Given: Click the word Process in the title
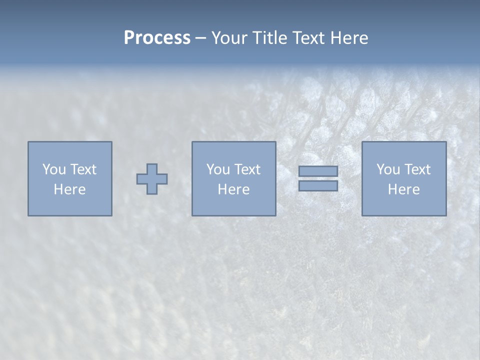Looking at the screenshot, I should (157, 38).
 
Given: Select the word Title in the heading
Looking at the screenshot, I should (270, 38).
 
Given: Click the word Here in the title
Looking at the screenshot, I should (350, 38).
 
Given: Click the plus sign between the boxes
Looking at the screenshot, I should (152, 179).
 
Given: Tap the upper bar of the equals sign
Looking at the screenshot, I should (318, 171).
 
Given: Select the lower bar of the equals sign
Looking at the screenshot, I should (318, 186).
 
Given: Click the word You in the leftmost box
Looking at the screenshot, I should (53, 169).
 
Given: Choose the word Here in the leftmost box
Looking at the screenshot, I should (69, 189).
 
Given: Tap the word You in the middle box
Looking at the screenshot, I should (217, 169).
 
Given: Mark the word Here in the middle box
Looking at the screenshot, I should (233, 189).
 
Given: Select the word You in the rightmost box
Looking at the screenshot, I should (387, 169).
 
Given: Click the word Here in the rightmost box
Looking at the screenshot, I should (403, 189).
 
